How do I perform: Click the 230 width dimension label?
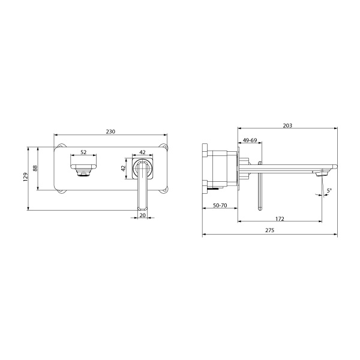pyautogui.click(x=110, y=131)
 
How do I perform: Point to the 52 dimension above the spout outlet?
pyautogui.click(x=83, y=152)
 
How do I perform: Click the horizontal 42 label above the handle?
pyautogui.click(x=142, y=152)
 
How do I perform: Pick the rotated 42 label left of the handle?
pyautogui.click(x=124, y=169)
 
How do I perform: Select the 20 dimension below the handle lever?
pyautogui.click(x=142, y=214)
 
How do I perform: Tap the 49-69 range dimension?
pyautogui.click(x=250, y=140)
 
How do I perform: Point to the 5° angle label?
pyautogui.click(x=329, y=191)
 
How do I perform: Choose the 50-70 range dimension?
pyautogui.click(x=220, y=206)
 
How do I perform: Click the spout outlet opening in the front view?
pyautogui.click(x=83, y=173)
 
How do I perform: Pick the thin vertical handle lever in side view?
pyautogui.click(x=260, y=189)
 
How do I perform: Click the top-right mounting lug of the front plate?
pyautogui.click(x=166, y=147)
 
